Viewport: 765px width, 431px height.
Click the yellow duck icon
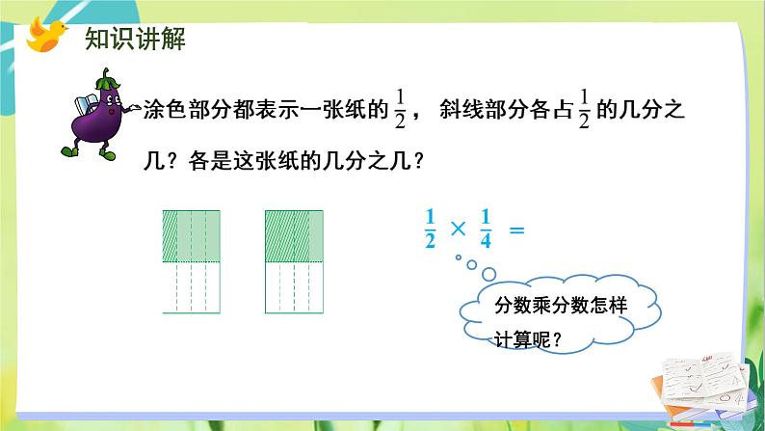(45, 35)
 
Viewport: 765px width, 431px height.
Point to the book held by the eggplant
(78, 103)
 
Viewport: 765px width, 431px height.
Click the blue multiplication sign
(458, 229)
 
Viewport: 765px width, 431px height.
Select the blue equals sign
(516, 229)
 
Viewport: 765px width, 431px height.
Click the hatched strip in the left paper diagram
(170, 234)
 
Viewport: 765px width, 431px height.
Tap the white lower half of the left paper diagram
(192, 286)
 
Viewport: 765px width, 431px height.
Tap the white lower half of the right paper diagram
(294, 286)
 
